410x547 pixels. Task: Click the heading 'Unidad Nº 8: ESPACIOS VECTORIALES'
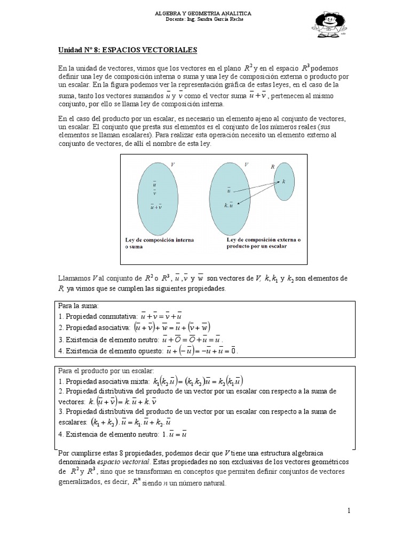128,50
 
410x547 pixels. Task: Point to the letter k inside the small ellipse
283,182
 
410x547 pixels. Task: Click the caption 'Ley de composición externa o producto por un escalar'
264,243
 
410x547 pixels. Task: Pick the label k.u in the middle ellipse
229,205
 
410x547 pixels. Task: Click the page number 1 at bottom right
349,511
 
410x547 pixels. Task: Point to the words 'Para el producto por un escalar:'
106,370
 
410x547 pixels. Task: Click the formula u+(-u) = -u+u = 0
202,350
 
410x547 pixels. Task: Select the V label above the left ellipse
172,165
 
